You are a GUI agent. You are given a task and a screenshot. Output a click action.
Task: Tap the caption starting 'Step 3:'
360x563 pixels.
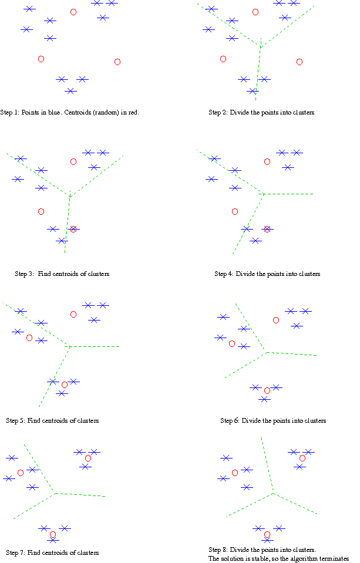(62, 274)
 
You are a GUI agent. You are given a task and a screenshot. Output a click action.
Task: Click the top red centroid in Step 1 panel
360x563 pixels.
(73, 12)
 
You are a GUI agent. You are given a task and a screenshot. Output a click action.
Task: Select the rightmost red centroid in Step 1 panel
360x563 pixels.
(117, 62)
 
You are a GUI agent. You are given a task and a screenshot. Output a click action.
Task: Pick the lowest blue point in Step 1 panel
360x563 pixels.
(70, 91)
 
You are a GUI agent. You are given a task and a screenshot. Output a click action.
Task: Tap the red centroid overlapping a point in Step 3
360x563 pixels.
(73, 229)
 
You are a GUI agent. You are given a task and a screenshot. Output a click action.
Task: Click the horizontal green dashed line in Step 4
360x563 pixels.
(288, 194)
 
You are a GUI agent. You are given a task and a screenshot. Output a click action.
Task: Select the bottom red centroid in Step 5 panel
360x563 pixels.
(65, 385)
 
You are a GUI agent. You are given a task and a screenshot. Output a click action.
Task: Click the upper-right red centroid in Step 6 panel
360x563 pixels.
(276, 320)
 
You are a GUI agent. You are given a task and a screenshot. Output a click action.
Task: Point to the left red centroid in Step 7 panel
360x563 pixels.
(21, 473)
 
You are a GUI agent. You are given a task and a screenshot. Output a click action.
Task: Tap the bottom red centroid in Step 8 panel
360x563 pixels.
(267, 534)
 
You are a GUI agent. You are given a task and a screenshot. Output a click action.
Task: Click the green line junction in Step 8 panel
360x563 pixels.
(273, 493)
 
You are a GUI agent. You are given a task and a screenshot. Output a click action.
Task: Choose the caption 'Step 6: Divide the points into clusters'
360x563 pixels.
(273, 420)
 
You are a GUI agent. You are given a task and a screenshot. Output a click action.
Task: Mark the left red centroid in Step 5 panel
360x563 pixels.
(29, 338)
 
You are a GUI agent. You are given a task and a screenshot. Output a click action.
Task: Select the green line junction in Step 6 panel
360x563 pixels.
(267, 352)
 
